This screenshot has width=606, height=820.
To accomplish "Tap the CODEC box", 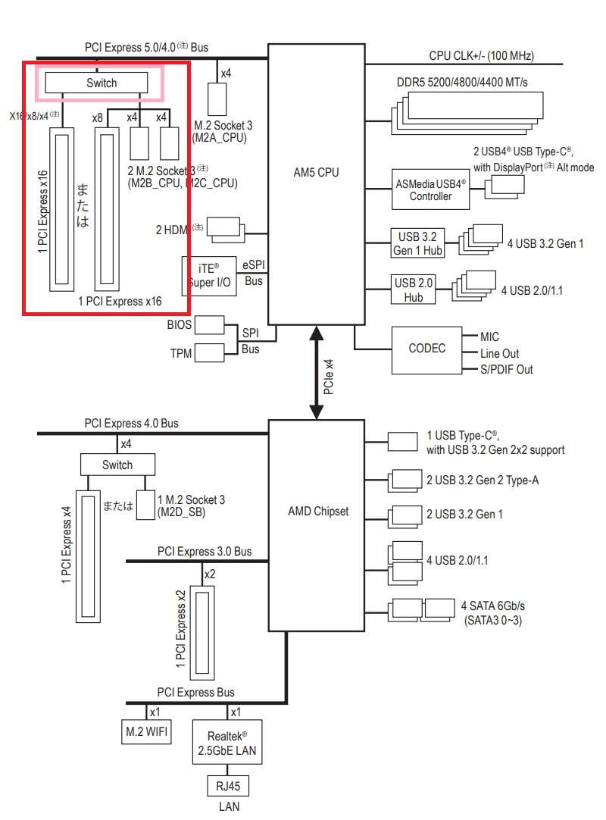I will click(x=426, y=349).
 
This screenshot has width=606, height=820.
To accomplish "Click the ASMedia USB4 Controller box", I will click(x=430, y=189).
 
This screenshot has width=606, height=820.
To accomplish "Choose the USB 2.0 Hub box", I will click(x=414, y=290).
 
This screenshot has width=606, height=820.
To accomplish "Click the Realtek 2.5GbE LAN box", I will click(x=228, y=743).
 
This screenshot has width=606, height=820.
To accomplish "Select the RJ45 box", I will click(x=228, y=786).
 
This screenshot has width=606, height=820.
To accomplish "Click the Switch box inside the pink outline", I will click(x=102, y=83).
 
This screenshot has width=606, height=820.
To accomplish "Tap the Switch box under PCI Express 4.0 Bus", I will click(x=117, y=465).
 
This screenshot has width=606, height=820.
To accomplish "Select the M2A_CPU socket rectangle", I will click(x=217, y=99).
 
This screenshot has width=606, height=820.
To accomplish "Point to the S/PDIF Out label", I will click(x=507, y=369).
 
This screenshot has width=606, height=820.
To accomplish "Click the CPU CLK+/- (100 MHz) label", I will click(x=481, y=55).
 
